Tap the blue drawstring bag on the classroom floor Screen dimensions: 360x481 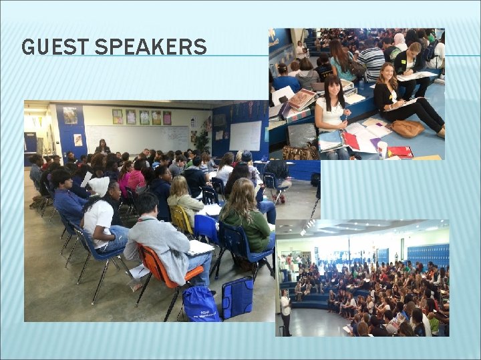point(201,303)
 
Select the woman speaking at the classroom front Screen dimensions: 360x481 point(104,146)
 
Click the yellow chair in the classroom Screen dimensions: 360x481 point(180,220)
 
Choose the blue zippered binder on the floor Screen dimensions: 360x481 point(238,297)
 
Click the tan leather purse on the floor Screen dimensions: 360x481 point(406,128)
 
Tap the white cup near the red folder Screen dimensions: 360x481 point(382,149)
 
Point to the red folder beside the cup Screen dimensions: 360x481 point(400,152)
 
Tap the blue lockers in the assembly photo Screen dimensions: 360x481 point(428,254)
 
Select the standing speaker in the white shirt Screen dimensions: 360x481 point(285,310)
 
